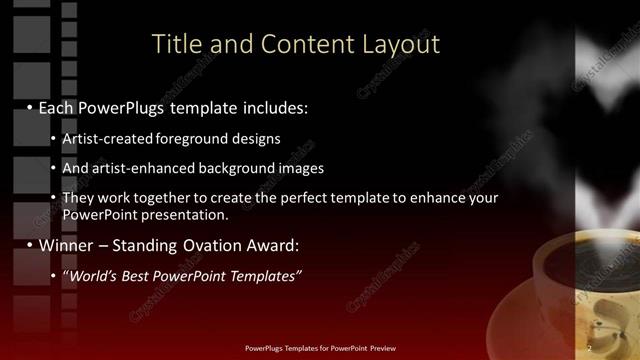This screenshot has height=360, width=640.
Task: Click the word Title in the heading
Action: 174,44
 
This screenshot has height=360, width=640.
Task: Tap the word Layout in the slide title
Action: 402,44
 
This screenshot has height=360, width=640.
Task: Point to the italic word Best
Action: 140,276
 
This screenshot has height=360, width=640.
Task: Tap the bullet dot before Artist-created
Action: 52,139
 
